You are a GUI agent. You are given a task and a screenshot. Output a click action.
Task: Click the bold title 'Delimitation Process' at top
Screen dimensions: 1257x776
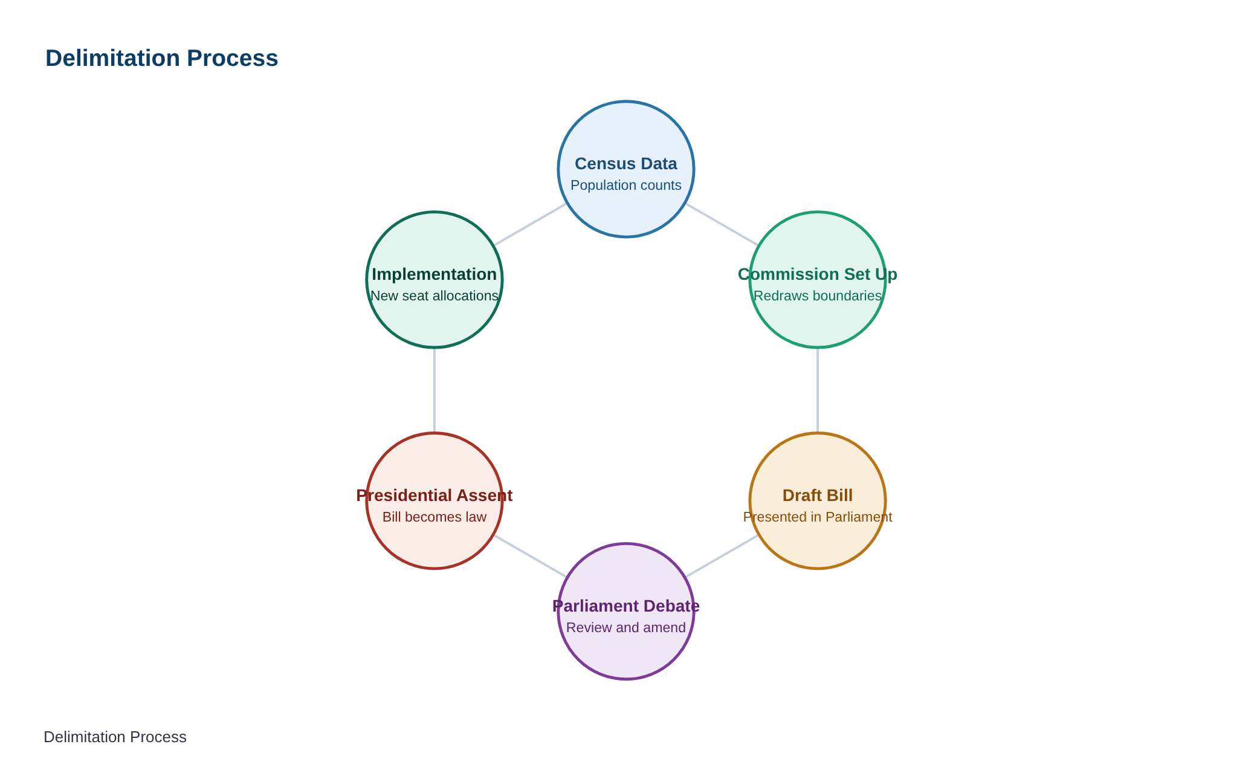pos(161,58)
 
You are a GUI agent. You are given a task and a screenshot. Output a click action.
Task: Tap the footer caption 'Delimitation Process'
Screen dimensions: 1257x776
pos(115,737)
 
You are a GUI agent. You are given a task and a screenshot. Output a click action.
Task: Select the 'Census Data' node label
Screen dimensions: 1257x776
pos(626,163)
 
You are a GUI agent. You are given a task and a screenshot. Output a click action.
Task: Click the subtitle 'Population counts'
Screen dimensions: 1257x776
pos(626,185)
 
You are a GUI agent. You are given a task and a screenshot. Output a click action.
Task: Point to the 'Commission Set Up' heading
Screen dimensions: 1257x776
pos(818,274)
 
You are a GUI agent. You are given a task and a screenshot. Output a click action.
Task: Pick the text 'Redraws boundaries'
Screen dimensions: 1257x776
pos(818,296)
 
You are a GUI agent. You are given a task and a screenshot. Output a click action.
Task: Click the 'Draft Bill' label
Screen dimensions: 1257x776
pos(818,495)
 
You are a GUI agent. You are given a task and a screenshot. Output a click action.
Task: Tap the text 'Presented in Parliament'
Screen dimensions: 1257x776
pos(818,517)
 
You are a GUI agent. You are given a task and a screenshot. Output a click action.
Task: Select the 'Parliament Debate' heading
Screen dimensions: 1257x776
pos(626,606)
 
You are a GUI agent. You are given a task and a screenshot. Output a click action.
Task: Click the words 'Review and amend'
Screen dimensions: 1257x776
pos(626,627)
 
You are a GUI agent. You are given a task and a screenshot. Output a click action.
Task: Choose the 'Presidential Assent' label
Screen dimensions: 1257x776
pos(435,495)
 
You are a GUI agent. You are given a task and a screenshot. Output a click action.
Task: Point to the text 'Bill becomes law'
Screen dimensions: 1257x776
pos(435,517)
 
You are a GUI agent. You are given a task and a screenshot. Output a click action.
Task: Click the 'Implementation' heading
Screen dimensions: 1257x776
pos(435,274)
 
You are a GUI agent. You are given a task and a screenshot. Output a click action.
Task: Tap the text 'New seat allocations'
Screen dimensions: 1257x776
pos(435,296)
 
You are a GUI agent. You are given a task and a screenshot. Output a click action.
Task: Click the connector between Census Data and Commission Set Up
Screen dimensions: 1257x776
pos(722,224)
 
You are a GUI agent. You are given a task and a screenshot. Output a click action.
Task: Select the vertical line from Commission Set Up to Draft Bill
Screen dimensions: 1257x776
pos(818,390)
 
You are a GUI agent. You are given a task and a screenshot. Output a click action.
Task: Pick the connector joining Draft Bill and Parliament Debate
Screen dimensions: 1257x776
pos(722,556)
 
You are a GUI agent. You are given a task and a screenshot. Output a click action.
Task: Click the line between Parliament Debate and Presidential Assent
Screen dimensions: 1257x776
pos(531,556)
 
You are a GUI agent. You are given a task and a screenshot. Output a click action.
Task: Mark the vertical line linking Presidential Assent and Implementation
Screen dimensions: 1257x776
pos(435,390)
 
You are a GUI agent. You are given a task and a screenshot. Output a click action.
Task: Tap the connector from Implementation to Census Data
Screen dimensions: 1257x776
pos(531,224)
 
